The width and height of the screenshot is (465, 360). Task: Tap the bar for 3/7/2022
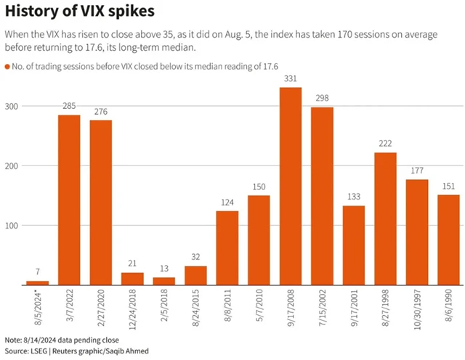coord(69,200)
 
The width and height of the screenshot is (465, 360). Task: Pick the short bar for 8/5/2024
coord(37,283)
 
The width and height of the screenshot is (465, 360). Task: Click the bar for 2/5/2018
coord(164,282)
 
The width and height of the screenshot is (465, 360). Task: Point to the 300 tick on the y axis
coord(13,106)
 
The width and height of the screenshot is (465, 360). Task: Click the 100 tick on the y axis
coord(13,226)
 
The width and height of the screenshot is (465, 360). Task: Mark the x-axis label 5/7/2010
coord(259,308)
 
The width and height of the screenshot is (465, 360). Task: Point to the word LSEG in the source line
coord(39,351)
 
